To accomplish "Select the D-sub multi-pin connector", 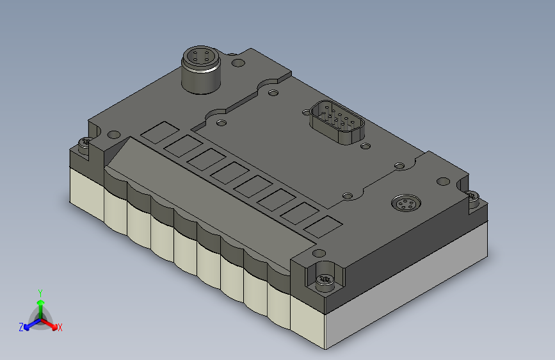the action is (x=337, y=122).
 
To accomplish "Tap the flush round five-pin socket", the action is (x=406, y=203).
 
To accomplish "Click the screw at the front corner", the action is (x=324, y=279).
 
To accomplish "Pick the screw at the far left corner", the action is (x=84, y=143).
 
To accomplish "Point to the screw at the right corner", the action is (x=472, y=196).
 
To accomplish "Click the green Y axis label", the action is (x=40, y=293).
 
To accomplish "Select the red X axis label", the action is (x=60, y=328).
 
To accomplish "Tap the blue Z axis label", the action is (x=21, y=327).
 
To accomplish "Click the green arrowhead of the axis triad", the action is (x=41, y=303).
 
